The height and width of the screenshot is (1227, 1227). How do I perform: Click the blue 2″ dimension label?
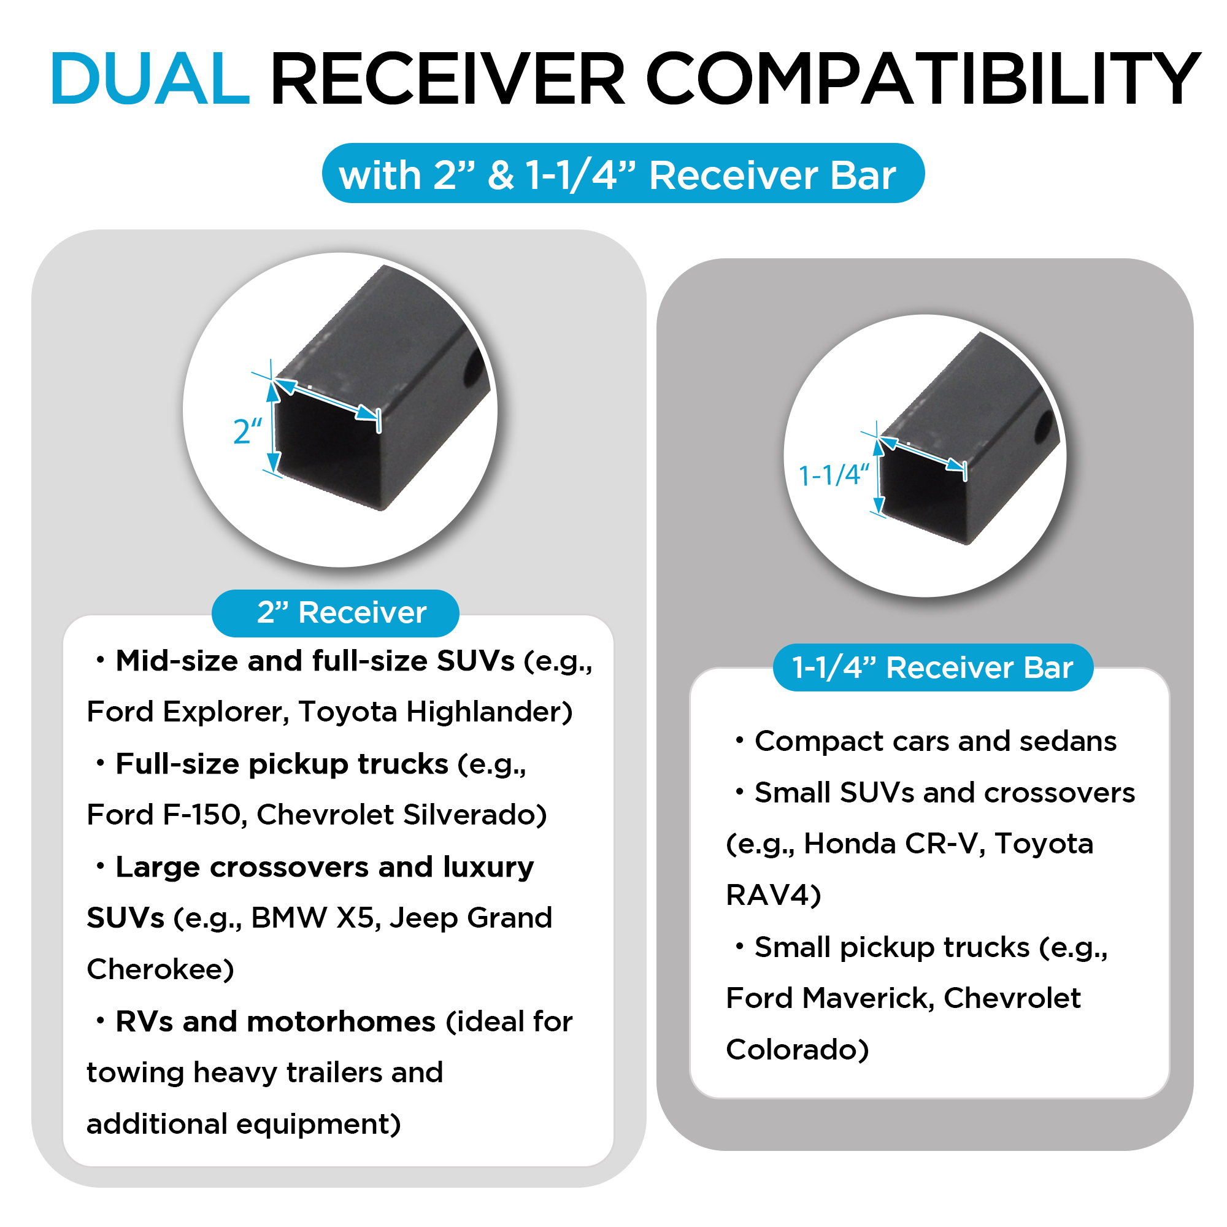pyautogui.click(x=248, y=431)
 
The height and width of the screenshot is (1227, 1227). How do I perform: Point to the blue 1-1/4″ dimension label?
pyautogui.click(x=833, y=475)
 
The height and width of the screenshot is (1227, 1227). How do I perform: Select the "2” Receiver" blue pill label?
pyautogui.click(x=336, y=613)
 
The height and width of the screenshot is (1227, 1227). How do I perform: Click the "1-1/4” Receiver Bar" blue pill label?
pyautogui.click(x=933, y=667)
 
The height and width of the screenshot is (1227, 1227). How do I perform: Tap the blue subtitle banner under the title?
pyautogui.click(x=623, y=174)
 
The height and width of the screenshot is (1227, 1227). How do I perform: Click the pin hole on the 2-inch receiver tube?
pyautogui.click(x=472, y=368)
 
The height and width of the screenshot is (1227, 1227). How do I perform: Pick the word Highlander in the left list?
pyautogui.click(x=490, y=712)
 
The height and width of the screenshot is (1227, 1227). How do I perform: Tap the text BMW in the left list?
pyautogui.click(x=289, y=918)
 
